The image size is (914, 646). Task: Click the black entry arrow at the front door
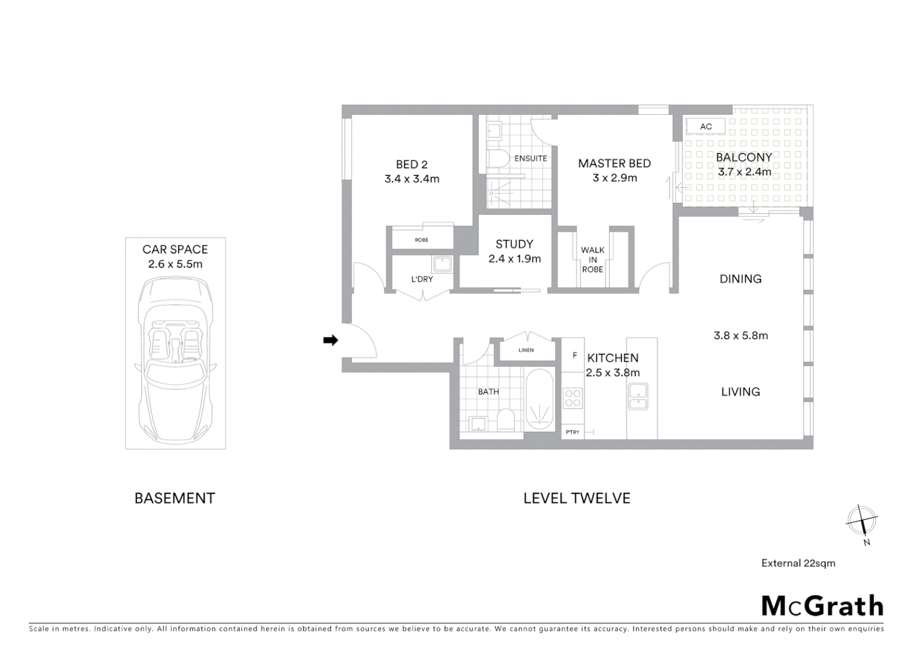click(330, 340)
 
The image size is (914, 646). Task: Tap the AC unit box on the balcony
click(706, 126)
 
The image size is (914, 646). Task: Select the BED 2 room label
click(412, 164)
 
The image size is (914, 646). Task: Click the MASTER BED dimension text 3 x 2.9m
click(614, 178)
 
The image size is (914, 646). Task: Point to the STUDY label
click(514, 244)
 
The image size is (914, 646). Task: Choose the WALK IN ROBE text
click(592, 260)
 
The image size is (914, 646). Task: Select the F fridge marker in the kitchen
click(574, 355)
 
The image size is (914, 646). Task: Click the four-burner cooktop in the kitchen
click(572, 398)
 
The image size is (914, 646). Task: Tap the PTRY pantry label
click(572, 432)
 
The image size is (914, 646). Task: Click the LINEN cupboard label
click(526, 351)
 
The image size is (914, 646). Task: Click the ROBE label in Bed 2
click(421, 240)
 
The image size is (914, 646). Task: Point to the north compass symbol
click(861, 520)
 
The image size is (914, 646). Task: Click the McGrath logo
click(822, 606)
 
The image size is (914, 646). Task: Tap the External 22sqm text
click(798, 563)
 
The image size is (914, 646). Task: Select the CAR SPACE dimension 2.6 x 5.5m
click(175, 264)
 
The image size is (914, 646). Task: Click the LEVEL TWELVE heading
click(577, 498)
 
